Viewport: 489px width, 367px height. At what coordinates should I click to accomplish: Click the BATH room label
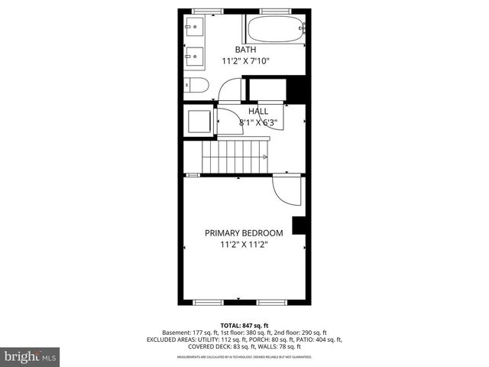245,50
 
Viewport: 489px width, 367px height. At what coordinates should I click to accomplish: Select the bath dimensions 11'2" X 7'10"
245,61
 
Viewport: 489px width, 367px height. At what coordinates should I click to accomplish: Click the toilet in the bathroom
195,85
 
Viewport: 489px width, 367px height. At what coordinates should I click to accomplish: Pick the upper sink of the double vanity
194,30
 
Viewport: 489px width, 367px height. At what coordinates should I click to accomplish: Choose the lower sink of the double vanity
194,56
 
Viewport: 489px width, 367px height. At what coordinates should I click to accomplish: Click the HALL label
257,112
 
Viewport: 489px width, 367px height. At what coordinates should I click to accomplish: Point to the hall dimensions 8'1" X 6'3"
257,122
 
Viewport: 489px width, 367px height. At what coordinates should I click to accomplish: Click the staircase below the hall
235,156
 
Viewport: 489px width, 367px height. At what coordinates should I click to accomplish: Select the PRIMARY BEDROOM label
244,233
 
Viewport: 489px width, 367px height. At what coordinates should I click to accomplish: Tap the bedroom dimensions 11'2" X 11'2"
244,245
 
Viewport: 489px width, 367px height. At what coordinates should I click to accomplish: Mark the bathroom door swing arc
229,90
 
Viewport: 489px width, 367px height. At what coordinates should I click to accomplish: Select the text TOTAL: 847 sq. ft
244,325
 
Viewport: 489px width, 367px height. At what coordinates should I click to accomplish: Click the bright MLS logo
31,356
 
